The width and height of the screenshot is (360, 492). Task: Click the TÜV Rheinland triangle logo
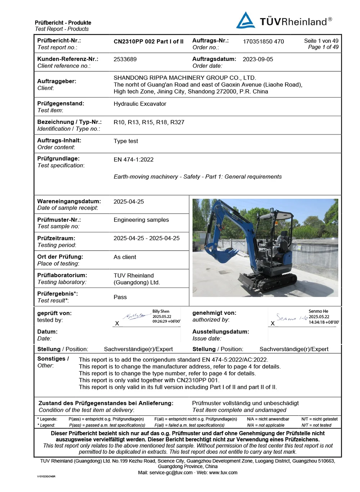pos(246,21)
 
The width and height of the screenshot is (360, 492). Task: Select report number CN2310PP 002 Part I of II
pos(148,41)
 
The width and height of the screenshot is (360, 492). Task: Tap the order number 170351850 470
pos(263,41)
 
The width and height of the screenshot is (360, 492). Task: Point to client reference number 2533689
pos(125,59)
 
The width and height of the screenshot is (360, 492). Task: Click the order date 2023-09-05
pos(258,59)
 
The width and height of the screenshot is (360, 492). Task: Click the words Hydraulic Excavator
pos(140,104)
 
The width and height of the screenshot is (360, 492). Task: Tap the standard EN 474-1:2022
pos(134,160)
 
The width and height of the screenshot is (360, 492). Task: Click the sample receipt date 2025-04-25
pos(129,202)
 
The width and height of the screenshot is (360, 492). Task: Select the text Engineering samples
pos(141,220)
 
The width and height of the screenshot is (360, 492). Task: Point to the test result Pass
pos(120,297)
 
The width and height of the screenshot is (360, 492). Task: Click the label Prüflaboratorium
pos(62,275)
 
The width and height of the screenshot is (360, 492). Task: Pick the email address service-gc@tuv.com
pos(171,473)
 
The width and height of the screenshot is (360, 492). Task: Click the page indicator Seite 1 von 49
pos(321,41)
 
